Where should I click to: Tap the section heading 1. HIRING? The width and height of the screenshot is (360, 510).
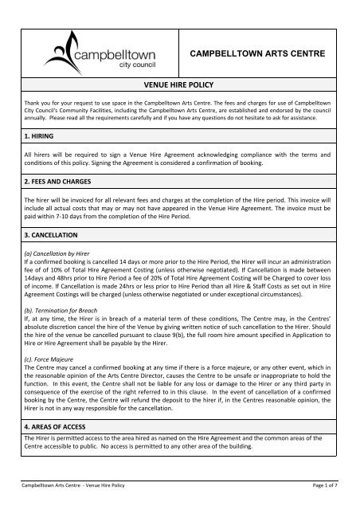coord(37,137)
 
